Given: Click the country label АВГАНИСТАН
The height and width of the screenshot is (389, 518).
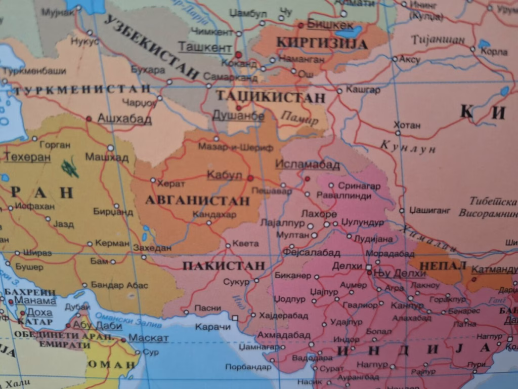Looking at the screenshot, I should coord(197,201).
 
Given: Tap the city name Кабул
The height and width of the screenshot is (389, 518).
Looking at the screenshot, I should coord(225,175).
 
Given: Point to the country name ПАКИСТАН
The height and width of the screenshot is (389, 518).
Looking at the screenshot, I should coord(224,266).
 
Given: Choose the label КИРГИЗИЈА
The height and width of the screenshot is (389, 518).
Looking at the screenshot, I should coord(322,43).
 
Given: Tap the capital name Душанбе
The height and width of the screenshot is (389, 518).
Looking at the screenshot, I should coord(238,116).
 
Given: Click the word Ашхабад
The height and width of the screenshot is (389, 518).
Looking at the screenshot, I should coord(124,119).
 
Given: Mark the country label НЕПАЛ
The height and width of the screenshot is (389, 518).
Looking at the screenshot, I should coord(436,266).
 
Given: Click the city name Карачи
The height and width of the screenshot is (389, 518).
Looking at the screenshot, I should coord(212,327).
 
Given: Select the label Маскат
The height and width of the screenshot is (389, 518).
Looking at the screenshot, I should coord(148,338).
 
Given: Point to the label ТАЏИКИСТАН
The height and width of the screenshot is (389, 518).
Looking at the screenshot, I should coord(270,97).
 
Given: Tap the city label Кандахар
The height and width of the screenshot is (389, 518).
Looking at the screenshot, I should coord(214,214).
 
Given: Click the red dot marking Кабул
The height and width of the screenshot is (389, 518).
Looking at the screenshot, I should coord(250,178).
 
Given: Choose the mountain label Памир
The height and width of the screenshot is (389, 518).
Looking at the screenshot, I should coord(299,118).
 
